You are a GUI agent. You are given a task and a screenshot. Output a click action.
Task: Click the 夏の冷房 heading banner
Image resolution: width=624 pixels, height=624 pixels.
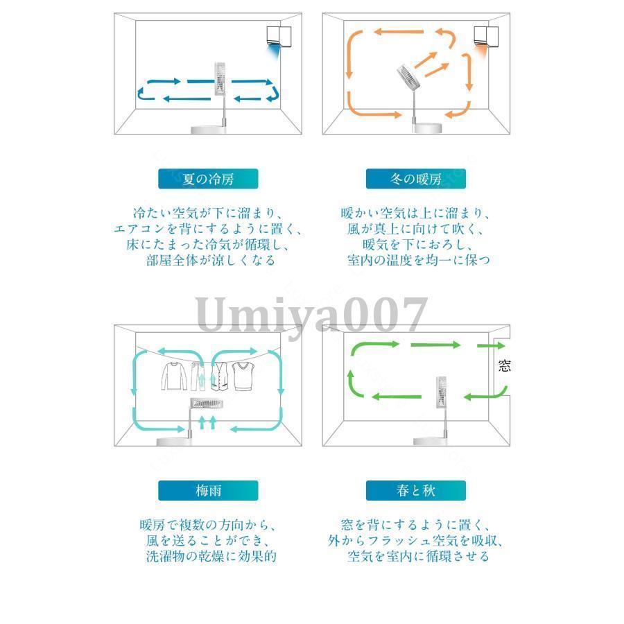pos(208,179)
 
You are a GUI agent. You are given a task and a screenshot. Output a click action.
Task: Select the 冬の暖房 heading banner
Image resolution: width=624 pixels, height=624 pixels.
pos(415,179)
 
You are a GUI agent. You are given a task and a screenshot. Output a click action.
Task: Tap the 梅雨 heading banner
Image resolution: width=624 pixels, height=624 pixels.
pos(208,490)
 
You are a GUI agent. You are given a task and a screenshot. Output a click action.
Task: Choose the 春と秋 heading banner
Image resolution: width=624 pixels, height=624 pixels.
pos(415,490)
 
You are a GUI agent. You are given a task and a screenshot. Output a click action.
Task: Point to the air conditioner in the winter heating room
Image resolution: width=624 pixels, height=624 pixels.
pos(486,37)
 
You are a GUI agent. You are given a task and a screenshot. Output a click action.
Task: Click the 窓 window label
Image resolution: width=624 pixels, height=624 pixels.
pos(504,365)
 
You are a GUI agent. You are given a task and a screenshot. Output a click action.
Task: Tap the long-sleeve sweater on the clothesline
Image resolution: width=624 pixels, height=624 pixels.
pos(174,376)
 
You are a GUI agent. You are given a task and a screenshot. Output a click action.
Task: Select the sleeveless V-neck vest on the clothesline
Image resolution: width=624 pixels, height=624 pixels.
pos(244,376)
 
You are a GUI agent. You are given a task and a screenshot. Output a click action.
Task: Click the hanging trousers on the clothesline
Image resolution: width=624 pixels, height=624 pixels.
pos(198,376)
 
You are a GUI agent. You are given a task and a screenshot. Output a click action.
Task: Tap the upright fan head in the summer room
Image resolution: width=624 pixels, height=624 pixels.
pos(220,79)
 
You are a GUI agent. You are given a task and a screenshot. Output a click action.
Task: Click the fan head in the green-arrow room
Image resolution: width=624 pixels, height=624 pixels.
pos(441,393)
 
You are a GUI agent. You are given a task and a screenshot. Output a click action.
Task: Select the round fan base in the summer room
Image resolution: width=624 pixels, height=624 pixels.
pos(208,130)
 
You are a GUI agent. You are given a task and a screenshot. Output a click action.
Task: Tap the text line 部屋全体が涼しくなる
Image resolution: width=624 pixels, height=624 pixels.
pos(211,260)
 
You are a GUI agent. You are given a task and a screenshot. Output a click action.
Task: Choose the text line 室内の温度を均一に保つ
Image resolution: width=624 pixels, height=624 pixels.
pos(418,260)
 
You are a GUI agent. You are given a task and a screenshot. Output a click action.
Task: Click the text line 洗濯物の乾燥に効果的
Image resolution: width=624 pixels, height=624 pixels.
pos(211,556)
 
